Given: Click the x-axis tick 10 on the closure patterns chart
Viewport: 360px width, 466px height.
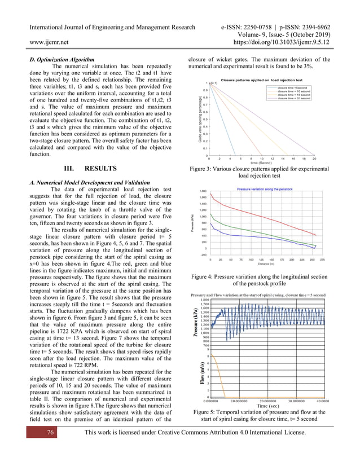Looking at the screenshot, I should [262, 159].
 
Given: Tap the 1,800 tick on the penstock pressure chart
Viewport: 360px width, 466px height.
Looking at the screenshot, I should [203, 191].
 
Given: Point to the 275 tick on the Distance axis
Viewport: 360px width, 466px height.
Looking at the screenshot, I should [322, 260].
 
